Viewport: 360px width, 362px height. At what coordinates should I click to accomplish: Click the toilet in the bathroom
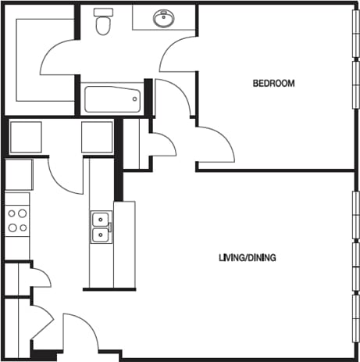point(102,25)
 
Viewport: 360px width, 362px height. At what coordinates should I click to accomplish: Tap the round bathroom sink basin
point(164,19)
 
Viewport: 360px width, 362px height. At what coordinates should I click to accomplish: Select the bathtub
point(112,100)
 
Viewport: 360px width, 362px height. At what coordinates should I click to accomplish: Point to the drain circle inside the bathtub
point(135,99)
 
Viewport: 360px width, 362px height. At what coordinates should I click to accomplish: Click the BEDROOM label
point(273,84)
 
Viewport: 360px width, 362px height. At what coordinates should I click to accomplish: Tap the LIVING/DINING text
point(247,257)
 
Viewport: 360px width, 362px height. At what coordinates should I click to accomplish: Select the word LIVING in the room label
point(232,257)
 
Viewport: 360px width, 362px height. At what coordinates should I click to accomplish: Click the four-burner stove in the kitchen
point(17,220)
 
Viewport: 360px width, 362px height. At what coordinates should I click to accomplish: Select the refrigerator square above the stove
point(19,174)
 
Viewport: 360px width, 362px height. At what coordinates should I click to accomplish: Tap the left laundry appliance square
point(25,137)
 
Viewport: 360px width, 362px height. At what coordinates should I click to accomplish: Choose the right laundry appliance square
point(98,137)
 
